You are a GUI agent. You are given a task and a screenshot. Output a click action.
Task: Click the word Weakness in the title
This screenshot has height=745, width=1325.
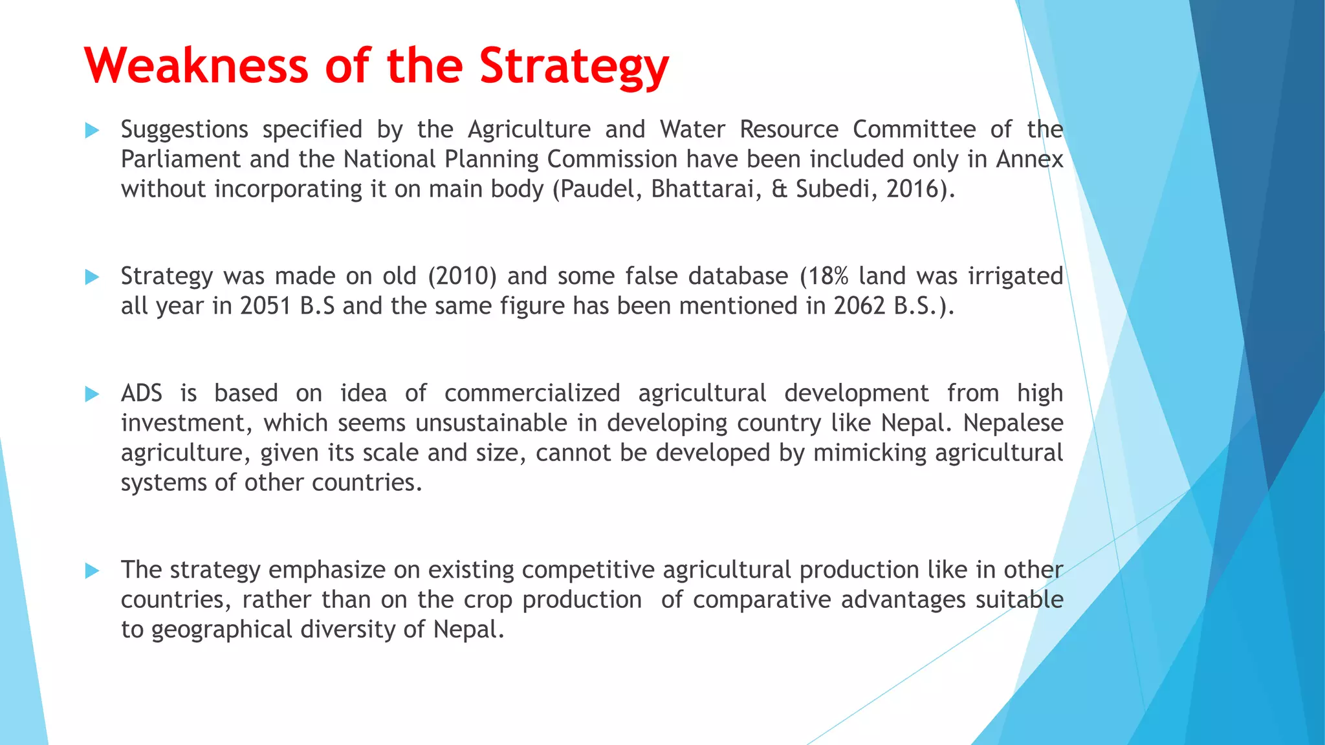[196, 66]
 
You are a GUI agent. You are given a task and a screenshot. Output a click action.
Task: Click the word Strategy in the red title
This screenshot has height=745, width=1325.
[574, 67]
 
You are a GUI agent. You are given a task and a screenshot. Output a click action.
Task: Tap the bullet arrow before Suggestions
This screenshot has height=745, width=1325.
[92, 131]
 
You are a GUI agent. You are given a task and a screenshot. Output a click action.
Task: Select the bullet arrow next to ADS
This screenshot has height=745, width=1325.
[92, 394]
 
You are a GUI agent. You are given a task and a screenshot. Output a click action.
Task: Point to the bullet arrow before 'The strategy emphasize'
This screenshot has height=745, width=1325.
[92, 570]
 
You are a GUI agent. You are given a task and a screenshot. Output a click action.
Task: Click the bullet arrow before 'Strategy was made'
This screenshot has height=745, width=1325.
[92, 277]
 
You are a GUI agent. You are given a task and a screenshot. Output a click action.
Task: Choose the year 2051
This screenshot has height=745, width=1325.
[265, 306]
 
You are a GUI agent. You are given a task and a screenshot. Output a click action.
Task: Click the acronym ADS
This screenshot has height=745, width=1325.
[142, 393]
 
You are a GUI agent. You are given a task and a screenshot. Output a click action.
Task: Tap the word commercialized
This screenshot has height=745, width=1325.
[532, 393]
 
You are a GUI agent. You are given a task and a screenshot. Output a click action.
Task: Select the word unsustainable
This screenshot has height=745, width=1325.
[491, 423]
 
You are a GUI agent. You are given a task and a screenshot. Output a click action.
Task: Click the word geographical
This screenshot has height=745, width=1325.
[221, 629]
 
